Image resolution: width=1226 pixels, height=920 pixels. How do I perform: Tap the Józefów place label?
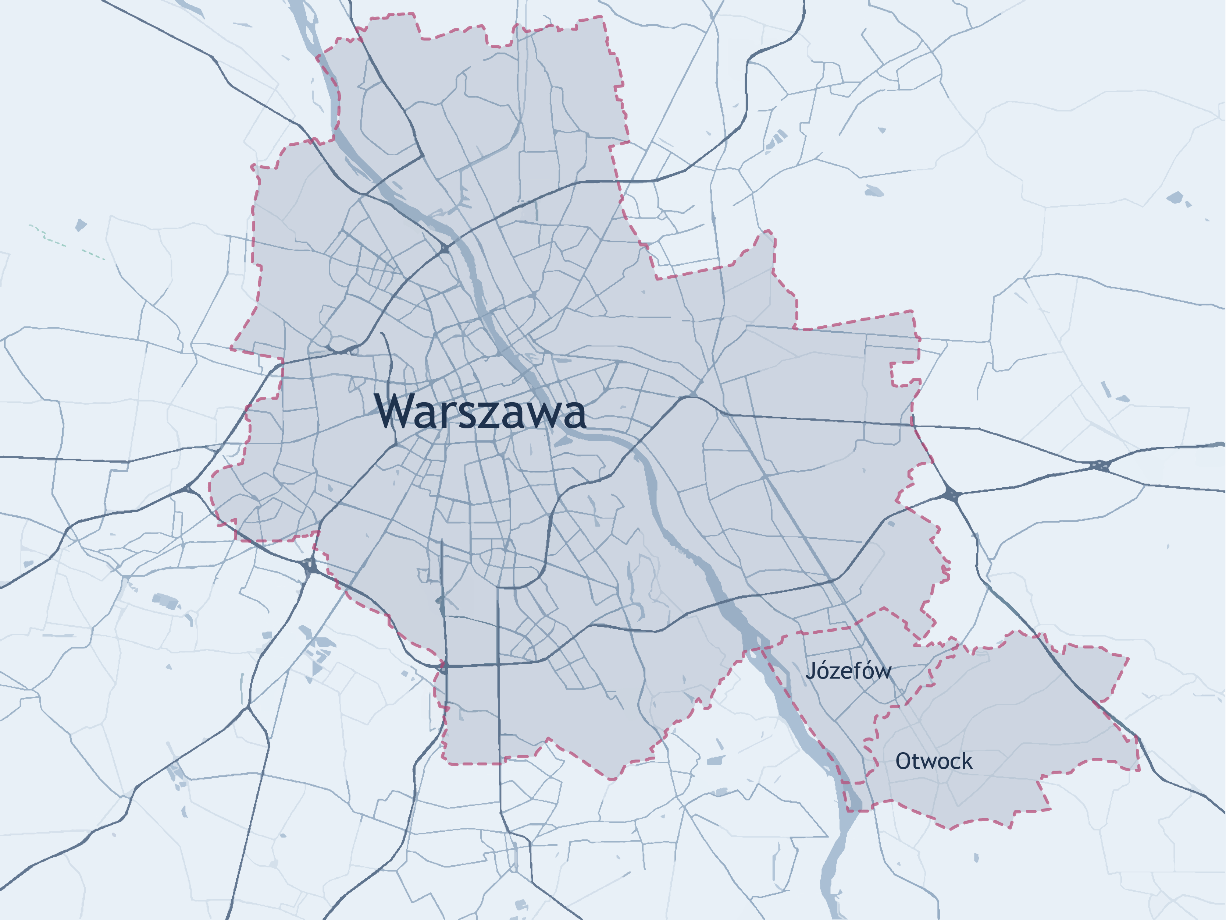(x=848, y=671)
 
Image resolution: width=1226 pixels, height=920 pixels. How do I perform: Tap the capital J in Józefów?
(x=811, y=671)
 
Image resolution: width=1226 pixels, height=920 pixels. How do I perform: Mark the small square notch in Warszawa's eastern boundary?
(x=902, y=374)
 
